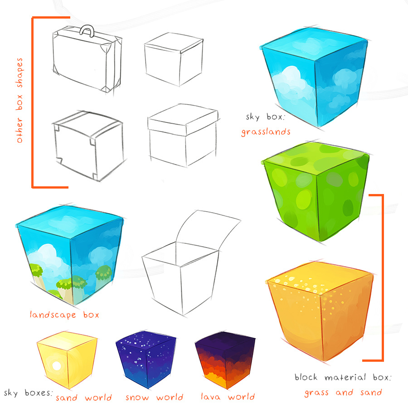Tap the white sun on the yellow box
coord(57,366)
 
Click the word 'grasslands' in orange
coord(266,132)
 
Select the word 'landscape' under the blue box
coord(53,315)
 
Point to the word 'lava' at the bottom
coord(211,397)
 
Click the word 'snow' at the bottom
coord(137,398)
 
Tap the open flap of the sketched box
coord(208,229)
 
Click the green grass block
coord(316,191)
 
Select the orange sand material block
coord(321,311)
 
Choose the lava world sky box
coord(225,360)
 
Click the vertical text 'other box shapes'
coord(19,101)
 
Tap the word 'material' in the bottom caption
coord(345,377)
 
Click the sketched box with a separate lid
coord(183,135)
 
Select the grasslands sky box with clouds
coord(315,77)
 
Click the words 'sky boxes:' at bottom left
coord(28,393)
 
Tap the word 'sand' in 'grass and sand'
coord(371,393)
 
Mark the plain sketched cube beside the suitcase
coord(174,59)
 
